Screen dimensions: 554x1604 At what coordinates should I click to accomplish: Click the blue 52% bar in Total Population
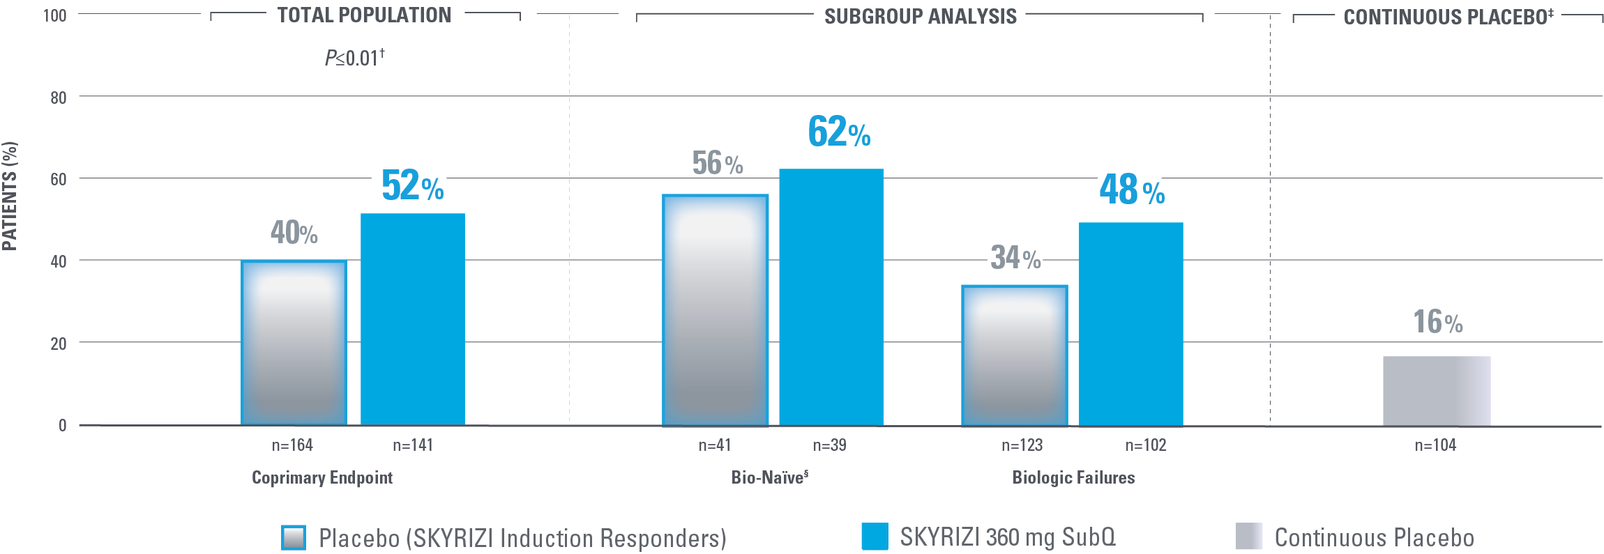(412, 318)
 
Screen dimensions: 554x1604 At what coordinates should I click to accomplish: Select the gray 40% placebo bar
(294, 342)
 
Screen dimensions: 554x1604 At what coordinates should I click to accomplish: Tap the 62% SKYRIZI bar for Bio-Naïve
(831, 296)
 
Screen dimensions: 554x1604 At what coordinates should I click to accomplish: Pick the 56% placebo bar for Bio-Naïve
(715, 310)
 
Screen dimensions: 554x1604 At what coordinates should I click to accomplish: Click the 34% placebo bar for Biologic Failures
(1014, 355)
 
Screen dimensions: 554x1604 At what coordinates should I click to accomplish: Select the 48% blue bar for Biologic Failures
(1130, 323)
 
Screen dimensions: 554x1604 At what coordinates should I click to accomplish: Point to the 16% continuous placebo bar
(1437, 390)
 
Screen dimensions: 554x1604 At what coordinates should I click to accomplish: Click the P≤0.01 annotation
(354, 58)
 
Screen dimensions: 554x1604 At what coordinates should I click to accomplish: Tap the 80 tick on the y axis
(59, 98)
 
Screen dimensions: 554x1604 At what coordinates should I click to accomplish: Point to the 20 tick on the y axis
(59, 344)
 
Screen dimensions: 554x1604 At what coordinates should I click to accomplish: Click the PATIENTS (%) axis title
(10, 197)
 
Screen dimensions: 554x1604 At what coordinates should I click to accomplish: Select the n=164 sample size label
(292, 445)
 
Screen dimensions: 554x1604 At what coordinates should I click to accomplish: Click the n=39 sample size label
(829, 445)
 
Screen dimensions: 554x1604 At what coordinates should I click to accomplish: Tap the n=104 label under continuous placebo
(1435, 445)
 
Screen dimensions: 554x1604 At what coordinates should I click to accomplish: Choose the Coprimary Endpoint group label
(322, 478)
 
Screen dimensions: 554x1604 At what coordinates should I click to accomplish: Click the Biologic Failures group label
(1073, 478)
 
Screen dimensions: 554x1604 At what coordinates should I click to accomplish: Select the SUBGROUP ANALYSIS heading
(920, 17)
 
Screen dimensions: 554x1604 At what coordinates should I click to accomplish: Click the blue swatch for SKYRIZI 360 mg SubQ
(875, 537)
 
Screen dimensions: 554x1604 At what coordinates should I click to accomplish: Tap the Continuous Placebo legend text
(1374, 538)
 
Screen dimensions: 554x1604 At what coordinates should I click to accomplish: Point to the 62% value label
(839, 132)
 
